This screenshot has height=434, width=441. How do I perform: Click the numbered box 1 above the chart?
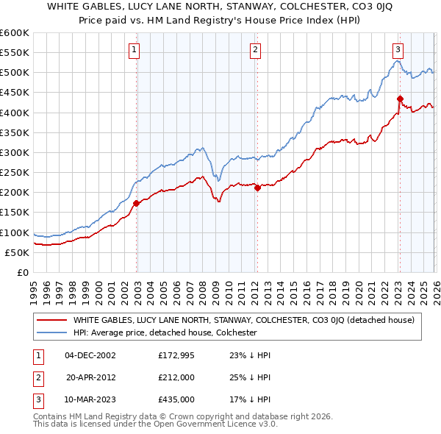click(x=136, y=50)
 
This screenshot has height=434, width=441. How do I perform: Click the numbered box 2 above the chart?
click(x=255, y=50)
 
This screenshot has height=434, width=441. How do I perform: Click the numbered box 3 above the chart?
click(x=398, y=50)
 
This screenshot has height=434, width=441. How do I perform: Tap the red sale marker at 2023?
click(x=400, y=99)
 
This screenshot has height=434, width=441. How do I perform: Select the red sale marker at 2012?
click(x=257, y=188)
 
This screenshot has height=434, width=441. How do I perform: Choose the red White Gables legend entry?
click(x=243, y=320)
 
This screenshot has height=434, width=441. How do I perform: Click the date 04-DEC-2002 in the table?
click(x=90, y=355)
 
